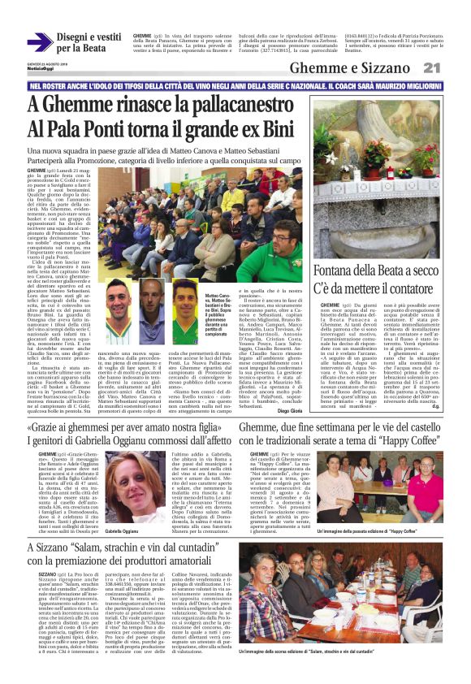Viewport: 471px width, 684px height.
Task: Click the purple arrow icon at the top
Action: pos(40,41)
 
